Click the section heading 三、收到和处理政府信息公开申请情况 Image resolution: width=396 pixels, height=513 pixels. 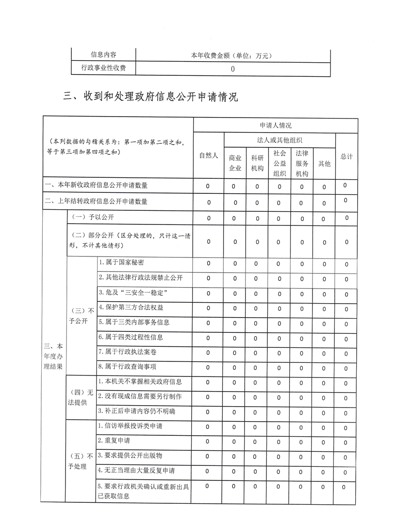tap(151, 96)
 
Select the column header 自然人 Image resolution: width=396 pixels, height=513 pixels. tap(209, 156)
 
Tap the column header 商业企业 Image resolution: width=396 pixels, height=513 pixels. tap(235, 163)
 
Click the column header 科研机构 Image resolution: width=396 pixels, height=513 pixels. tap(257, 163)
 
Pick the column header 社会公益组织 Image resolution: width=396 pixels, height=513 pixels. tap(280, 163)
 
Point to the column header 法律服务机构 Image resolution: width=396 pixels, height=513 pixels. tap(302, 163)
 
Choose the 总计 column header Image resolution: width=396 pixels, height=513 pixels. tap(346, 156)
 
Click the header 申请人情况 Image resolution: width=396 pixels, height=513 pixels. tap(276, 125)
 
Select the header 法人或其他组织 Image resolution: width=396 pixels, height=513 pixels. tap(280, 140)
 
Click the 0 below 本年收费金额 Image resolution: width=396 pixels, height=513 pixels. tap(233, 69)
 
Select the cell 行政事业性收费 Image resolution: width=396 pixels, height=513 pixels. tap(103, 68)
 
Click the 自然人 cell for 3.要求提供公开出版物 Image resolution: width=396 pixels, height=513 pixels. tap(208, 456)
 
